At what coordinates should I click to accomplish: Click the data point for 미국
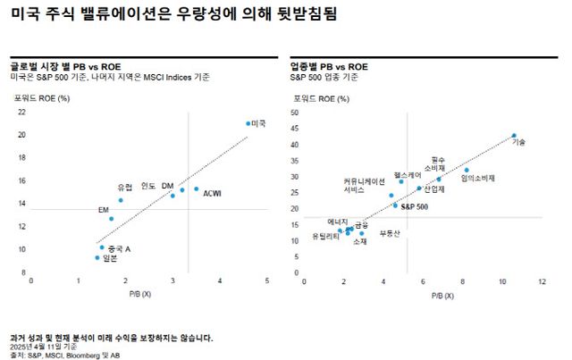click(x=248, y=123)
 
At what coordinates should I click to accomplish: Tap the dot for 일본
click(x=97, y=257)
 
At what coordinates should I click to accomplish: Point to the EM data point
click(x=112, y=218)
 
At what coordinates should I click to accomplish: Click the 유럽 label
click(x=124, y=187)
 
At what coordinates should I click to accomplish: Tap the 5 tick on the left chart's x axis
click(x=267, y=280)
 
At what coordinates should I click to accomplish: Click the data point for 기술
click(x=514, y=136)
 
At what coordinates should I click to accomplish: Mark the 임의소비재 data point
click(x=467, y=170)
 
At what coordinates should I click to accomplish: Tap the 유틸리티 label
click(x=325, y=236)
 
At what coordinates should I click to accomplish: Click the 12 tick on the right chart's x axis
click(x=542, y=280)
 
